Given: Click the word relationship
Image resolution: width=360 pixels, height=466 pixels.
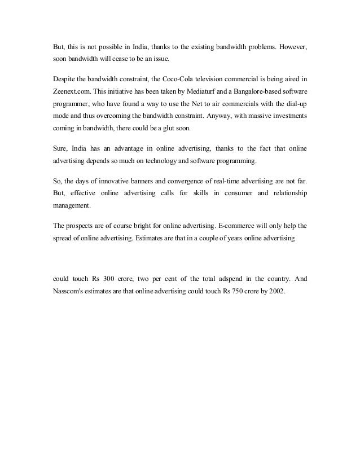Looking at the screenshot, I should click(286, 195).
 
